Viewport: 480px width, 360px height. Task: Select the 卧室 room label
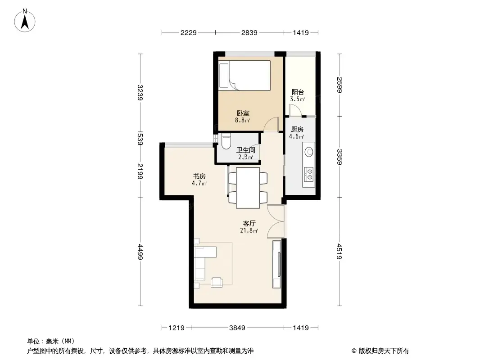tap(243, 113)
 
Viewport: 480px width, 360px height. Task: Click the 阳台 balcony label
tap(298, 92)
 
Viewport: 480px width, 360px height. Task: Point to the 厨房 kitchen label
tap(297, 129)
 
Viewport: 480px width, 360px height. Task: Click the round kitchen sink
tap(309, 151)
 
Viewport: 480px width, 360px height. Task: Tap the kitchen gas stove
tap(309, 174)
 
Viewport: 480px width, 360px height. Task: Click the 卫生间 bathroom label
tap(246, 150)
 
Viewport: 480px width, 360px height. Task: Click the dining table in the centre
tap(248, 187)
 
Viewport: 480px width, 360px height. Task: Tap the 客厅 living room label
tap(249, 223)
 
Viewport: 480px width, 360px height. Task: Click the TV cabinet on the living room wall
tap(276, 264)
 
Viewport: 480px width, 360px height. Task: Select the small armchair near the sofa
tap(217, 282)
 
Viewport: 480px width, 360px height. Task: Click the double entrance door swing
tap(276, 221)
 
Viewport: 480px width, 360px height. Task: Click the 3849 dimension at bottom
tap(237, 328)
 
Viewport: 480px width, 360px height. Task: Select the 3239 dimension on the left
tap(140, 93)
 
